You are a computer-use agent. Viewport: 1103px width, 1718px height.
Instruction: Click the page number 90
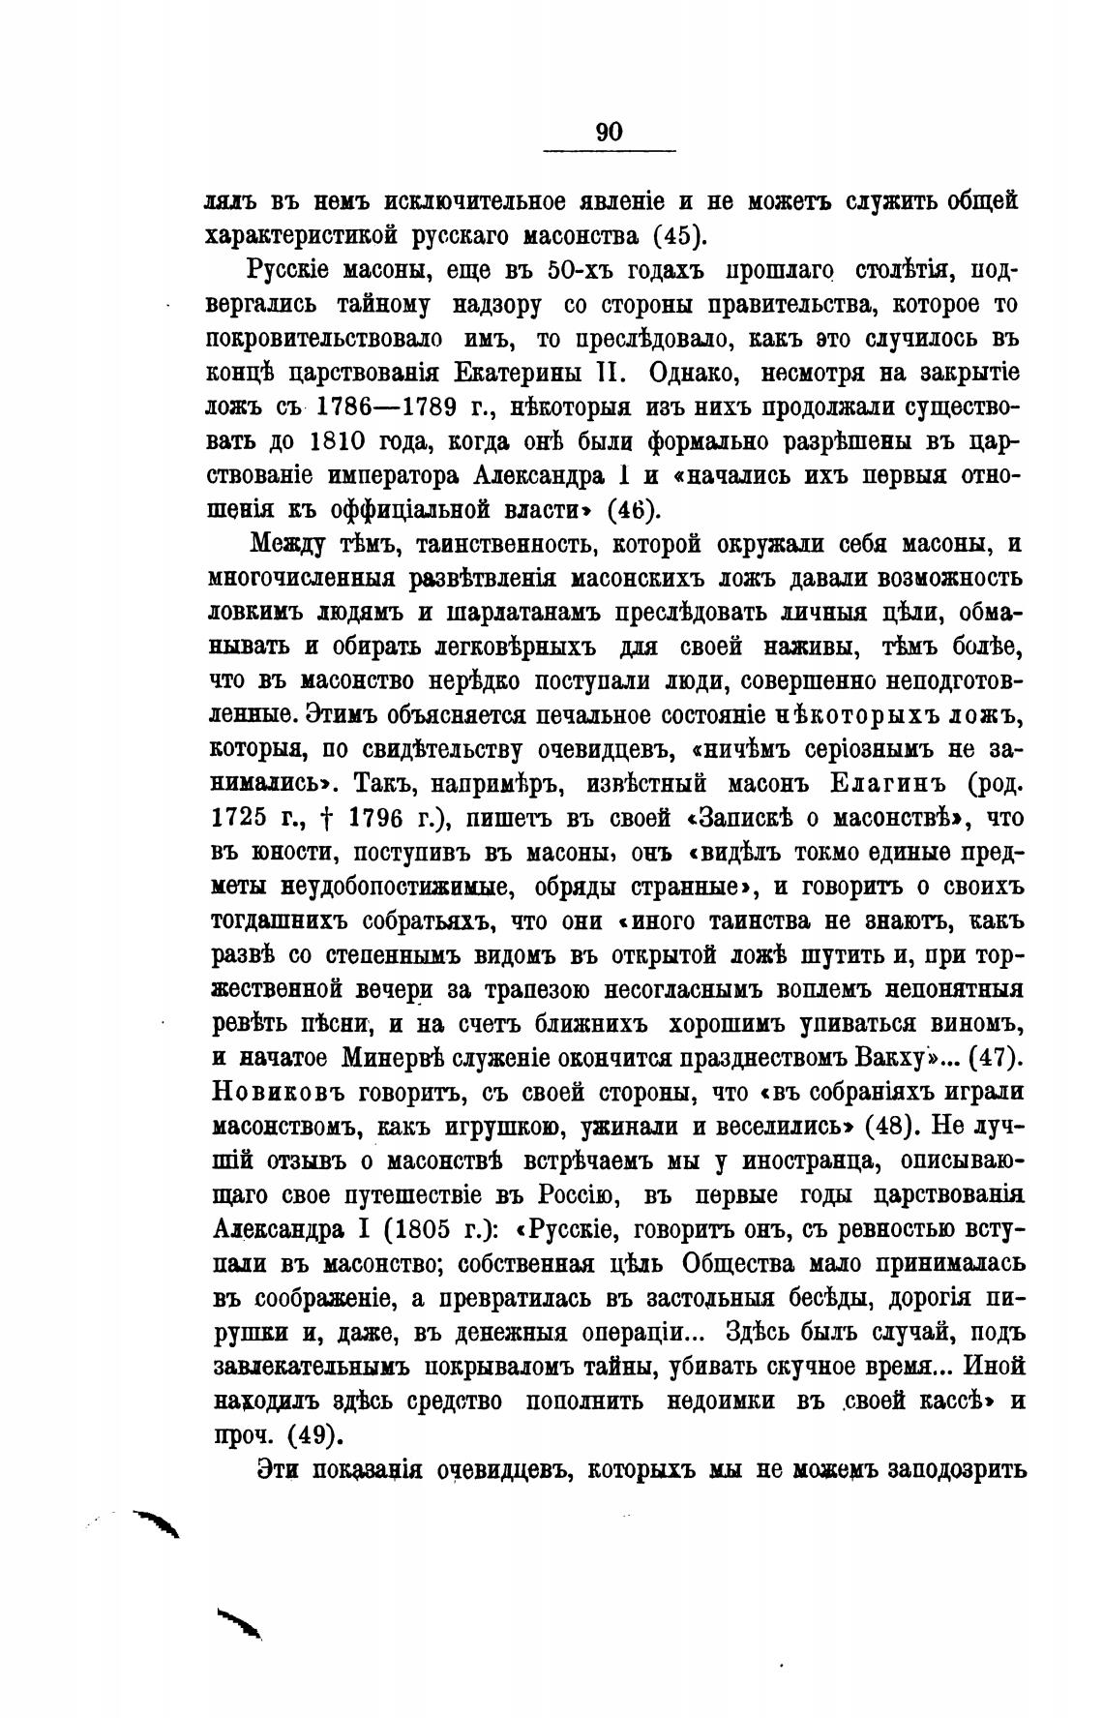610,133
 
